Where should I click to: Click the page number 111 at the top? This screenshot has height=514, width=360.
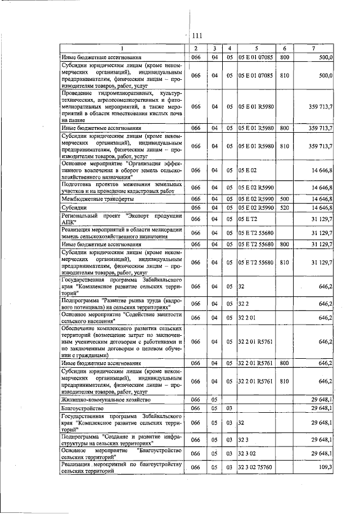tap(197, 35)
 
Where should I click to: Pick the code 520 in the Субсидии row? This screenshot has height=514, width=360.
tap(284, 207)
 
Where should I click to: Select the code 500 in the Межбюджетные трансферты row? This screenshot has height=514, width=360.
tap(284, 199)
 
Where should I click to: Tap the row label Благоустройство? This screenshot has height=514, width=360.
tap(82, 408)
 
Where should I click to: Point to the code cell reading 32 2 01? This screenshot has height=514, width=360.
tap(247, 318)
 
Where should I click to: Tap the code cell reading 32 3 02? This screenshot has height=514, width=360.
tap(247, 452)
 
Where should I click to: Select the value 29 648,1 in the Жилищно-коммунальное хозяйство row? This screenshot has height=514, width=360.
tap(321, 399)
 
